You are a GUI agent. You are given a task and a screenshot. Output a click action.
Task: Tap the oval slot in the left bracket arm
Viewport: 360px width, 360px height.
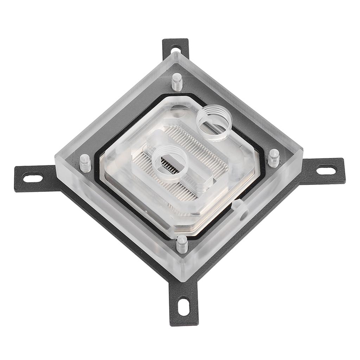33,178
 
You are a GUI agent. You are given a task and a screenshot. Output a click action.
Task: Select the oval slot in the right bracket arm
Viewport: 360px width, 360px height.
326,171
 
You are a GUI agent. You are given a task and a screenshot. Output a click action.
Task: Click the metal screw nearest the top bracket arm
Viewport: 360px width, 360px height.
177,82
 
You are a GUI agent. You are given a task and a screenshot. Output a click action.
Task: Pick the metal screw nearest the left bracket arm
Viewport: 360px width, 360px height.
85,163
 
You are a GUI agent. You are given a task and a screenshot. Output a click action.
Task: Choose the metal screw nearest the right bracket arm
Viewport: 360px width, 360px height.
274,157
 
